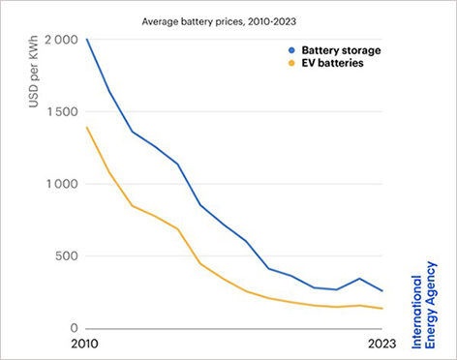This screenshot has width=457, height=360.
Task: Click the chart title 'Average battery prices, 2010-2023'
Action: pos(227,16)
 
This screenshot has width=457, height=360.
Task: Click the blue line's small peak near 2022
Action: pos(360,279)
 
